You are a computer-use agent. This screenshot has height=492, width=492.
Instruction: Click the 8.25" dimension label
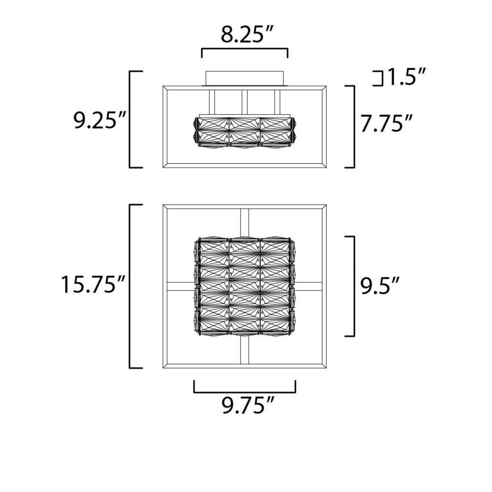coord(247,34)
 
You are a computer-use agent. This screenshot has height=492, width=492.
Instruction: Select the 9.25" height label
coord(99,121)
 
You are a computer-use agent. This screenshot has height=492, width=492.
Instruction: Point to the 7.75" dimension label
coord(386,123)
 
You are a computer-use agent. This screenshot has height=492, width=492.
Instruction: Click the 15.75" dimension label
coord(93,284)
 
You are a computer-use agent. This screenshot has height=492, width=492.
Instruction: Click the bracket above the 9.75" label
coord(245,392)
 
